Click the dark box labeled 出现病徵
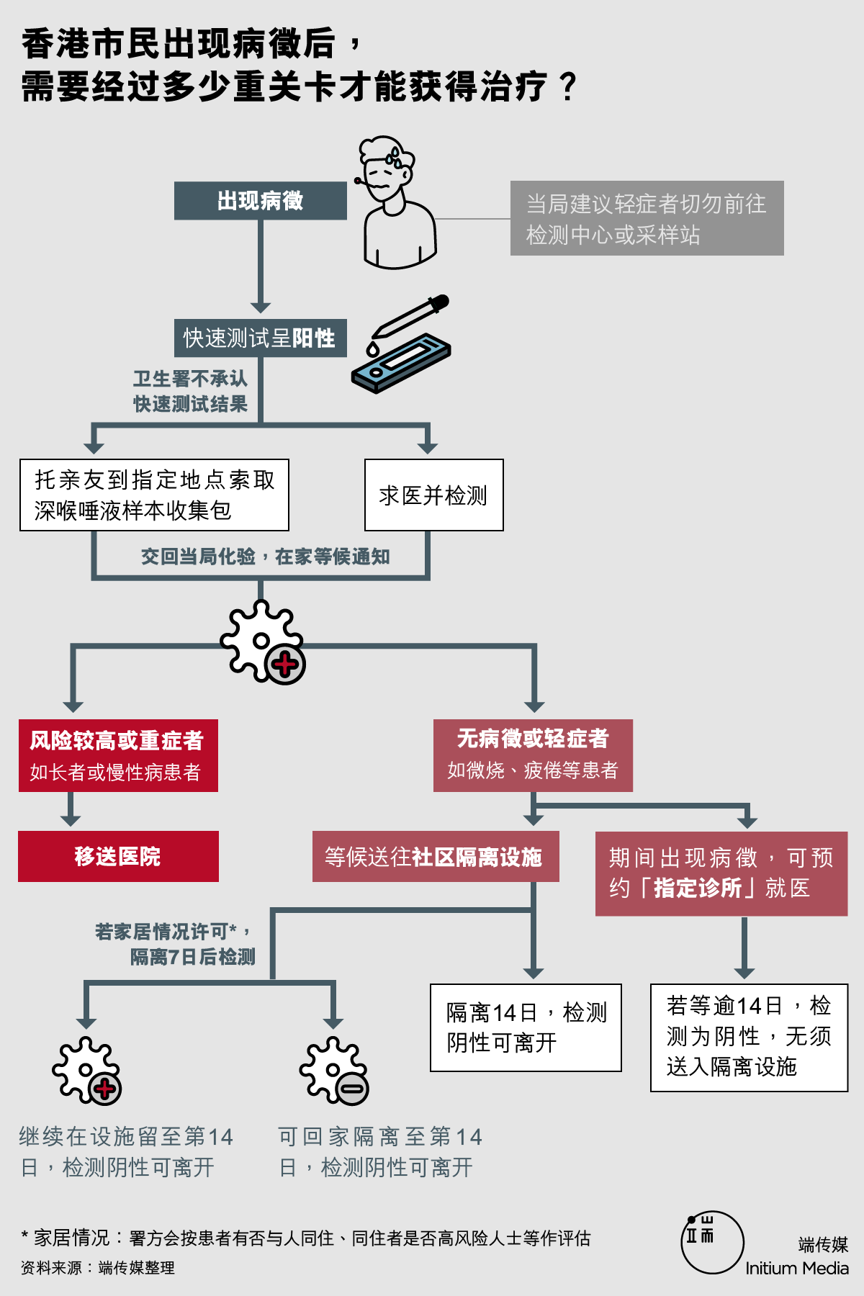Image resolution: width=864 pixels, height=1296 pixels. pyautogui.click(x=260, y=201)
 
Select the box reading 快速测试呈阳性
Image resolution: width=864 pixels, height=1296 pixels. pyautogui.click(x=260, y=338)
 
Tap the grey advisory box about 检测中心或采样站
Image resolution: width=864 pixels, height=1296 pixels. pyautogui.click(x=647, y=218)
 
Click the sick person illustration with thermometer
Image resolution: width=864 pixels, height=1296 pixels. pyautogui.click(x=393, y=202)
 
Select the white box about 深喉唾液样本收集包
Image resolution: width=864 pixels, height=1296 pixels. pyautogui.click(x=154, y=495)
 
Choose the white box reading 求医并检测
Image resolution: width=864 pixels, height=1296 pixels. pyautogui.click(x=433, y=495)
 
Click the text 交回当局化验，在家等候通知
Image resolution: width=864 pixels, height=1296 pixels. pyautogui.click(x=265, y=557)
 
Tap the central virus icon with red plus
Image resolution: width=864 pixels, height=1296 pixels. pyautogui.click(x=262, y=642)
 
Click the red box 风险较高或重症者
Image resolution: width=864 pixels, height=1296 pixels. pyautogui.click(x=118, y=755)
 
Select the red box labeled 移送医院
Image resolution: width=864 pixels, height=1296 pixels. pyautogui.click(x=118, y=856)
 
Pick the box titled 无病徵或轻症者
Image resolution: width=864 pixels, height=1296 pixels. pyautogui.click(x=533, y=755)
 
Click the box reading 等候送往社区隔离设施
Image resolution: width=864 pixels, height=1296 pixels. pyautogui.click(x=436, y=856)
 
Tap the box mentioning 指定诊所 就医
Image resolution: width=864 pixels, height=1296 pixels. pyautogui.click(x=721, y=873)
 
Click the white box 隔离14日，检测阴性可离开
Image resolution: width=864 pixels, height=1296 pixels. pyautogui.click(x=526, y=1027)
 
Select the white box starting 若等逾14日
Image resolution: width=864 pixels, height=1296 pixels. pyautogui.click(x=749, y=1038)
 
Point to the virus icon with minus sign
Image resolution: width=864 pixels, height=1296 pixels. pyautogui.click(x=334, y=1071)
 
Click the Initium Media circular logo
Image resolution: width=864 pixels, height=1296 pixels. pyautogui.click(x=712, y=1242)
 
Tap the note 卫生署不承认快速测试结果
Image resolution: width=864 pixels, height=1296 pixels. pyautogui.click(x=190, y=391)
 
